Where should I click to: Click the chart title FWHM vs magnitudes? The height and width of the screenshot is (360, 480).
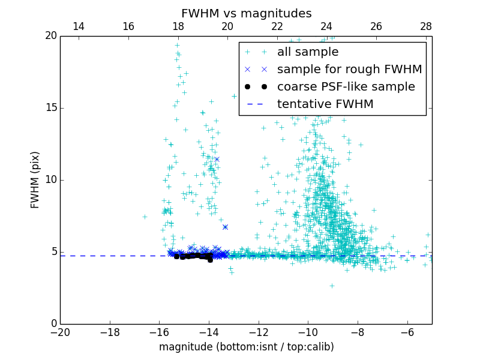246,13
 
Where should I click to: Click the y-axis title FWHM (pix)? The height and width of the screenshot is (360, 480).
35,180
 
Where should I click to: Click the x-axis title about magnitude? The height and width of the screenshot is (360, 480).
246,347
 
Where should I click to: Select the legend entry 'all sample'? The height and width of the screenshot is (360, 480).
308,52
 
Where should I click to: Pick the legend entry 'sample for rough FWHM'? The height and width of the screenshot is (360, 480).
349,70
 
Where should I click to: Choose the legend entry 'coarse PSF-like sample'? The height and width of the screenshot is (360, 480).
346,87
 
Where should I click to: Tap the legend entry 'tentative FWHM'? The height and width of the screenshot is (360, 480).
325,104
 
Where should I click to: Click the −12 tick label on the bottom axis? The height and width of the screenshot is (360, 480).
259,332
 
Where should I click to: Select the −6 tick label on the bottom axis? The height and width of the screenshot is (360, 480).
407,332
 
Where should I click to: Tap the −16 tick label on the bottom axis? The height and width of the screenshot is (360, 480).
159,332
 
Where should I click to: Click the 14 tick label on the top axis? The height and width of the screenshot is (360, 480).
79,26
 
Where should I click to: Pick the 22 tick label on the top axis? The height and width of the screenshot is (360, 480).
277,26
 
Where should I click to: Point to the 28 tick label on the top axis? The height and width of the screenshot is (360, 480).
426,26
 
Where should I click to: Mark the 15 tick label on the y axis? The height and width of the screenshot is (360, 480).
48,108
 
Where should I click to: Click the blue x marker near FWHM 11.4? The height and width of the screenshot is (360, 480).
217,159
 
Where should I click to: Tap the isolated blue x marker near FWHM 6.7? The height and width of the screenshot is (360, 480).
225,227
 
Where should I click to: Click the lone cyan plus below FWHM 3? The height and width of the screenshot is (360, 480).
331,286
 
